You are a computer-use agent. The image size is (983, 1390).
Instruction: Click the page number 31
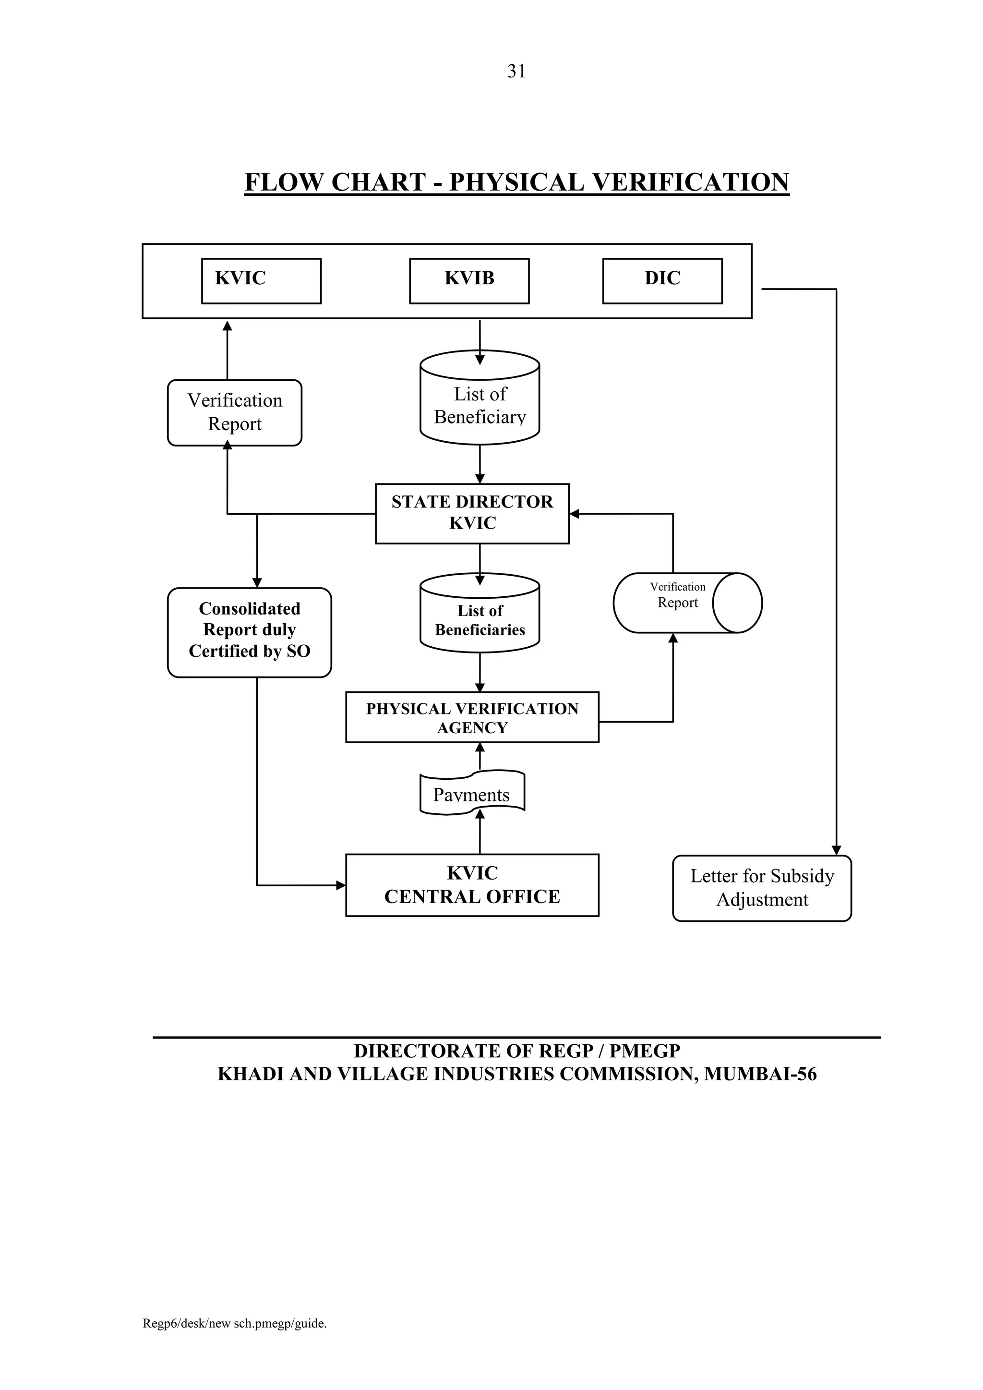tap(516, 72)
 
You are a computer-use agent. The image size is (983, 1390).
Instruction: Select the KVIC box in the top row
tap(261, 281)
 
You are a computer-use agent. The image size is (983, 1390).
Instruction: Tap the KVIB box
tap(469, 281)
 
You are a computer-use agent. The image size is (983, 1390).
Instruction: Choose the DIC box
tap(662, 281)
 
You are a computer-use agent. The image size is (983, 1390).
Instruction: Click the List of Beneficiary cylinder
tap(480, 404)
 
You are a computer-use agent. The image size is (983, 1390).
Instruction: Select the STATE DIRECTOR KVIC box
tap(472, 513)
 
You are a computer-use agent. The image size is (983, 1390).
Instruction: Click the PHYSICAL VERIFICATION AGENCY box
tap(472, 717)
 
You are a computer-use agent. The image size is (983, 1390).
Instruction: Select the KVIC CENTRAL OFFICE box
tap(472, 884)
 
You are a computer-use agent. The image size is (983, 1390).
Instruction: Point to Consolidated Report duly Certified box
tap(250, 631)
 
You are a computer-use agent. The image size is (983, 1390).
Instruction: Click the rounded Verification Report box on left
tap(234, 412)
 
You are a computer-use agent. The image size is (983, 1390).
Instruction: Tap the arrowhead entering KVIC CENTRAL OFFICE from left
tap(341, 885)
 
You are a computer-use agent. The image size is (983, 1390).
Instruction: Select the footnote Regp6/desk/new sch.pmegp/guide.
tap(234, 1341)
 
